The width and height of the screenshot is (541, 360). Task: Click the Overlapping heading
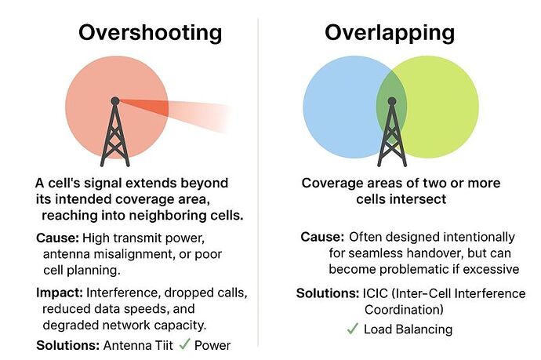(x=390, y=33)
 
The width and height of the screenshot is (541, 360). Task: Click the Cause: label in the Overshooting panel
(x=56, y=238)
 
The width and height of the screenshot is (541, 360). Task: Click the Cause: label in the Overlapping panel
(x=321, y=237)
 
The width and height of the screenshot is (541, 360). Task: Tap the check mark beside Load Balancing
(x=352, y=329)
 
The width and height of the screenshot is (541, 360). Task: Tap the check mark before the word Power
(x=184, y=344)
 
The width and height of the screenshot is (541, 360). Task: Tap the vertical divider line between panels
(x=258, y=180)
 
